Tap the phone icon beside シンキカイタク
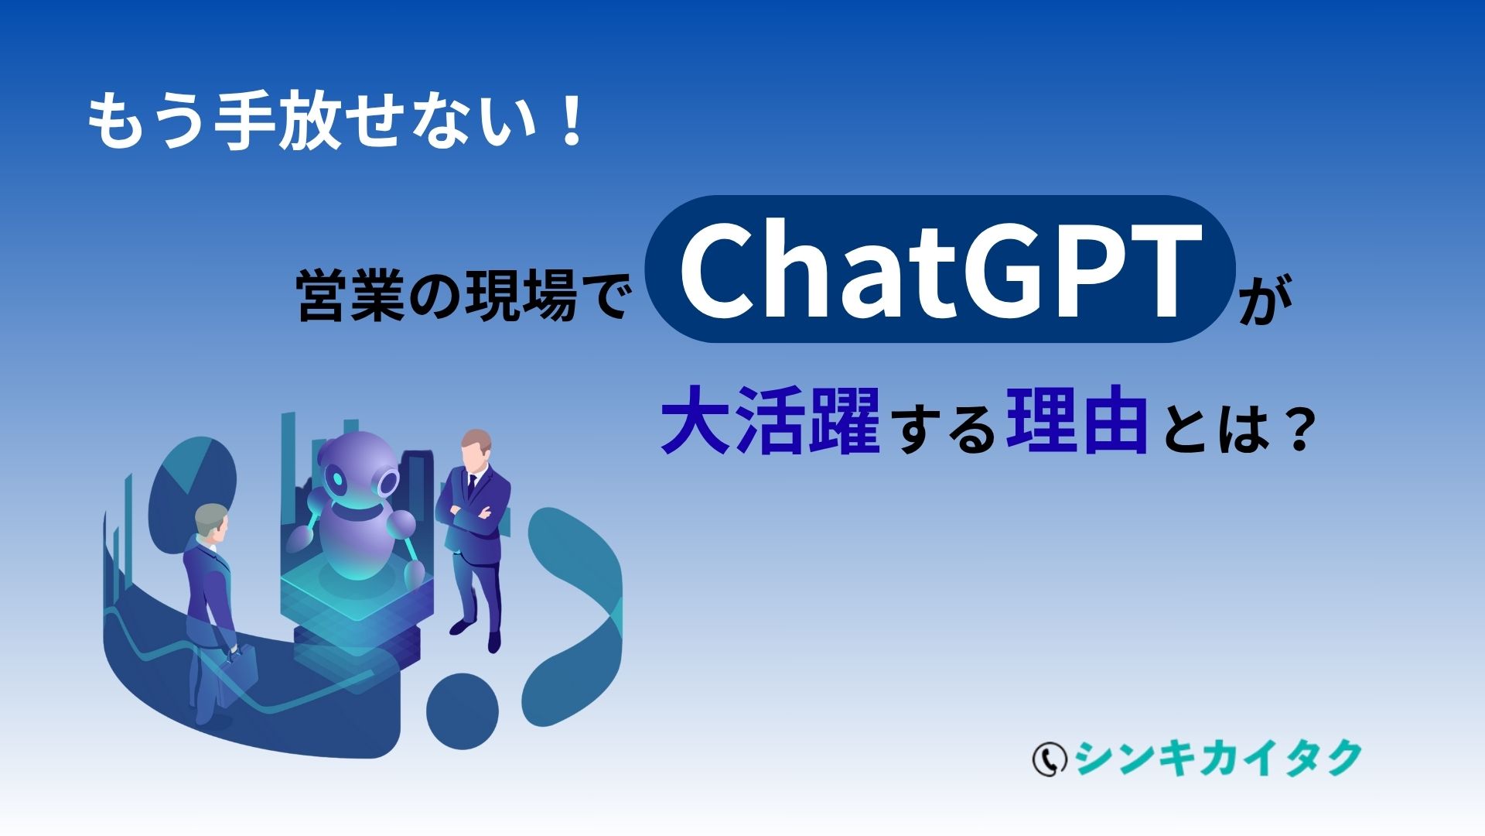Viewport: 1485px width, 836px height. click(x=1049, y=759)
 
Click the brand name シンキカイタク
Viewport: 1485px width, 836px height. click(x=1217, y=759)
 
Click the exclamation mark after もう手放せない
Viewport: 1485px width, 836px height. click(x=572, y=121)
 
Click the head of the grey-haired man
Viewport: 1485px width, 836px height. click(x=211, y=522)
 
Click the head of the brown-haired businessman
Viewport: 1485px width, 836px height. click(x=475, y=449)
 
